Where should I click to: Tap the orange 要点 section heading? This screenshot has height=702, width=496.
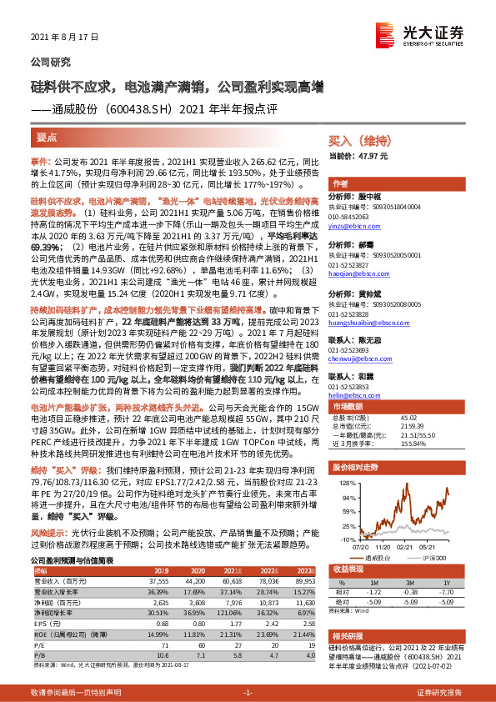[x=47, y=138]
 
